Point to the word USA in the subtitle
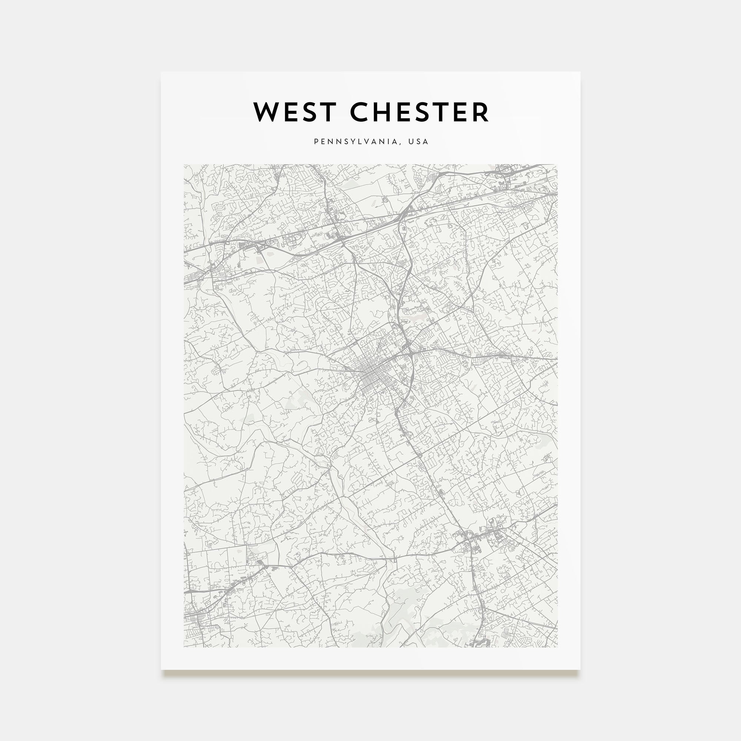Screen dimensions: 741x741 (418, 142)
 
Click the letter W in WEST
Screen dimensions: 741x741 (266, 112)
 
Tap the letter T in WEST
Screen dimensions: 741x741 (327, 112)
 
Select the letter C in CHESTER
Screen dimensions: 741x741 (360, 112)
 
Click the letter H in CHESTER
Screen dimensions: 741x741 (385, 112)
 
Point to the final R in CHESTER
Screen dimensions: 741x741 (481, 112)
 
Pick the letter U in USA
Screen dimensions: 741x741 (411, 142)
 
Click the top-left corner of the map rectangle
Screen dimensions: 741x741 (184, 165)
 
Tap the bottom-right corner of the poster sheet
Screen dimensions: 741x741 (579, 669)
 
